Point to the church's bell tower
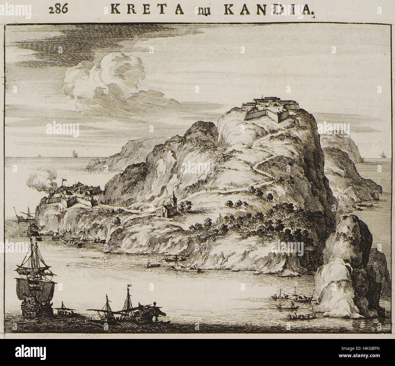point(173,199)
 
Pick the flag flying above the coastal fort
point(64,180)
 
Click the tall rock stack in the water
point(349,268)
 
